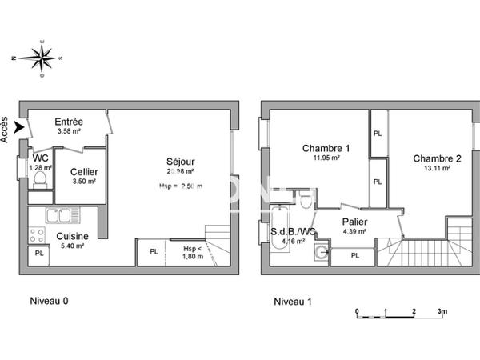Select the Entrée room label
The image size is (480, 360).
(x=69, y=122)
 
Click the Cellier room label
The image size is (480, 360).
(x=84, y=172)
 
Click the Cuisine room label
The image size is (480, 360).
(x=72, y=236)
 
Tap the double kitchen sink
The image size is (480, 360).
(x=58, y=215)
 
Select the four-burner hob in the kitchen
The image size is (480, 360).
(x=36, y=235)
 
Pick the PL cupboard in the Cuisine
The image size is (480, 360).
(x=38, y=254)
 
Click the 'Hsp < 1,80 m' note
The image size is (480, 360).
(x=193, y=252)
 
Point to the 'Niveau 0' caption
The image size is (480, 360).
(x=49, y=302)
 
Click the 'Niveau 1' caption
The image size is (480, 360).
(x=293, y=302)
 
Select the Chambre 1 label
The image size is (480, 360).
(x=326, y=148)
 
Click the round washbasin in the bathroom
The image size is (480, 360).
(x=322, y=254)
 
